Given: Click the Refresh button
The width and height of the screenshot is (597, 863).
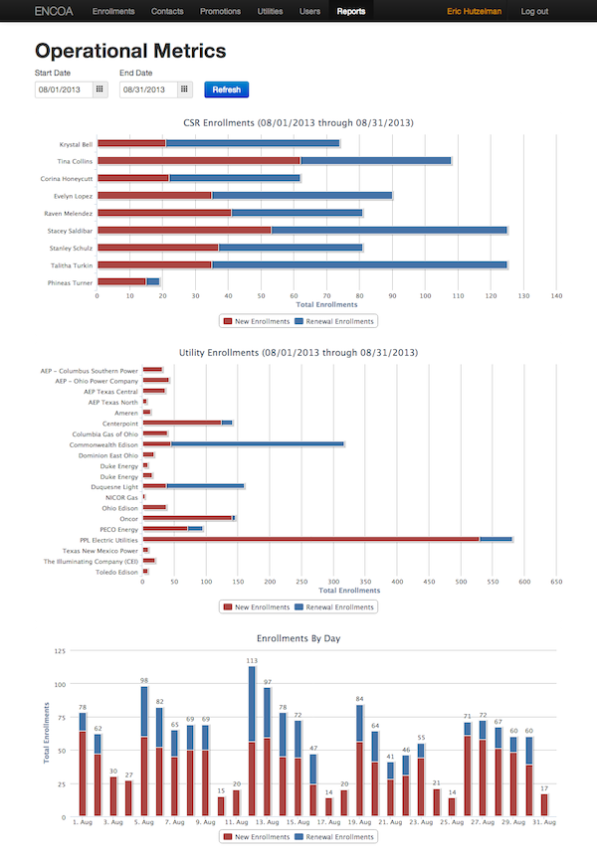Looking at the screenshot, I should (226, 89).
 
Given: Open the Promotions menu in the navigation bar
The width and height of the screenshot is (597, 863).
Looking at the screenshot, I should (220, 12).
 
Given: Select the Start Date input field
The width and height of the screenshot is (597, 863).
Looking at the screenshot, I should (63, 89).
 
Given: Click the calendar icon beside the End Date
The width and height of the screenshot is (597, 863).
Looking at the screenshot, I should (184, 89).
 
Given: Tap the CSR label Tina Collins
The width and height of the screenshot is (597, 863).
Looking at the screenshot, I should (76, 160).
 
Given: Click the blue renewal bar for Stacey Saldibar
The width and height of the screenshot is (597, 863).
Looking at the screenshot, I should (389, 231).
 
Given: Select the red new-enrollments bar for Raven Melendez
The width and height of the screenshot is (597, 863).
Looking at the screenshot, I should (164, 213).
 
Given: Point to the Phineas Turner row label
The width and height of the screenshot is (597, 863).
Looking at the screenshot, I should (71, 282).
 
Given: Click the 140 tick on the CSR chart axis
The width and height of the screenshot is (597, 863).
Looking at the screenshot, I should (557, 295).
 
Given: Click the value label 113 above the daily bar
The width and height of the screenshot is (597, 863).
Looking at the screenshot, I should (252, 660).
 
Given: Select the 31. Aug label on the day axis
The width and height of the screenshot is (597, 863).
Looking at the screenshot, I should (542, 823).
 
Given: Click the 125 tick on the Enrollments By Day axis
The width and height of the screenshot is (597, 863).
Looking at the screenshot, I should (59, 651).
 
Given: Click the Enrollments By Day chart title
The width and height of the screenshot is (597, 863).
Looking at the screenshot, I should (298, 638).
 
